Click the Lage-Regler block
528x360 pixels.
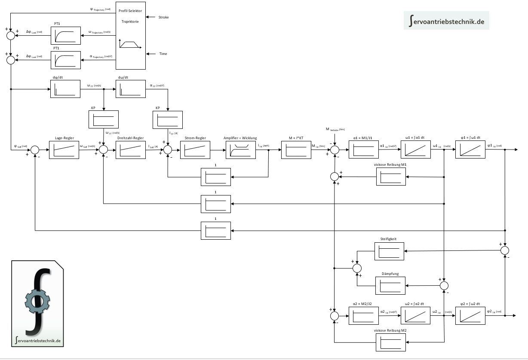point(64,150)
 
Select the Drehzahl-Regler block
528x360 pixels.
point(130,150)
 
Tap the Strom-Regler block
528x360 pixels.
point(195,150)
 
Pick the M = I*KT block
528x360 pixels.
point(296,150)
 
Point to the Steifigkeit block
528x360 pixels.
point(390,251)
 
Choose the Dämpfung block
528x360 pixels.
point(390,286)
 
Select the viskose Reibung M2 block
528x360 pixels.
point(390,342)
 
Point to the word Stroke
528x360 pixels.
point(163,17)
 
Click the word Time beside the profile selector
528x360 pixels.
point(163,54)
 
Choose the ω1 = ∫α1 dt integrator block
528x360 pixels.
point(415,150)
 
